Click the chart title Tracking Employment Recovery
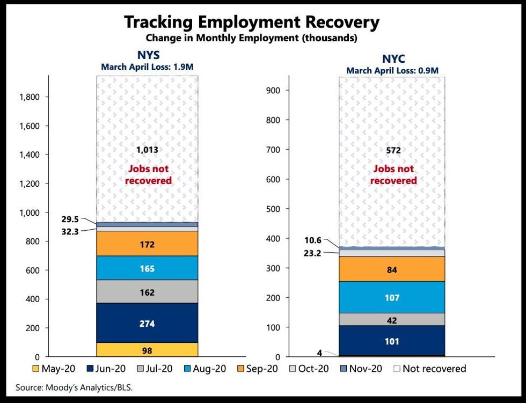pos(252,22)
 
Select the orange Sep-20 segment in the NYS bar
pos(147,244)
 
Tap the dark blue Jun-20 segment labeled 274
pos(147,323)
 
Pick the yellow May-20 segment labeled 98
pos(147,350)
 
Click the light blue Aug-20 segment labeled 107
pos(392,297)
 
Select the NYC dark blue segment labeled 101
pos(392,341)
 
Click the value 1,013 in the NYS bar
pos(147,150)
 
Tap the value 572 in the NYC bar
pos(393,150)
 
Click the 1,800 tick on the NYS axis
pos(30,97)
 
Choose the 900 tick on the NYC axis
pos(274,90)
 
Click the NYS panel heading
pos(147,55)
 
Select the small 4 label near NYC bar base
pos(320,353)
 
